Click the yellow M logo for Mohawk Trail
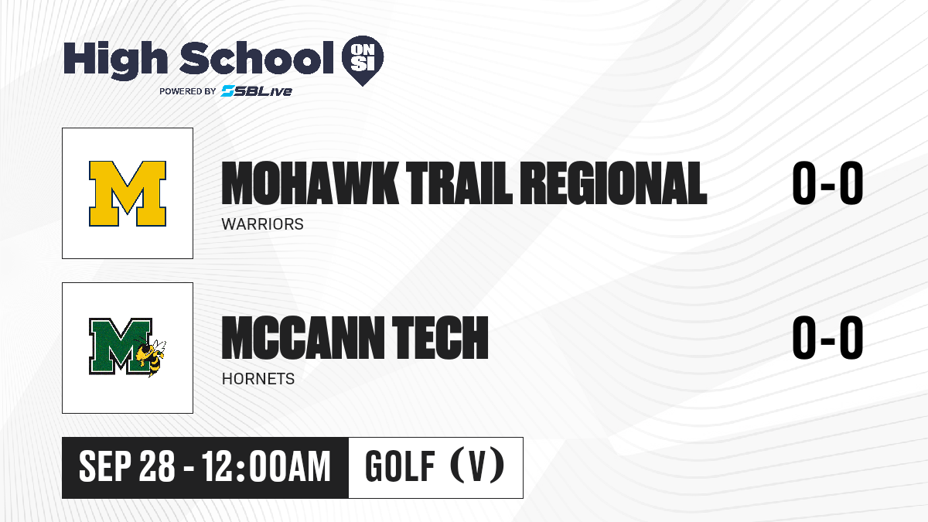(128, 193)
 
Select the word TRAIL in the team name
(459, 183)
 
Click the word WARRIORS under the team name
(263, 224)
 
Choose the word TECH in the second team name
(440, 338)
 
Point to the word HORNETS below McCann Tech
(258, 379)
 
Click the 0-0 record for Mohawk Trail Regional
(827, 183)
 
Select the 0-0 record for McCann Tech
(827, 337)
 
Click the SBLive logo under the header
(256, 91)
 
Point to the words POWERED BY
(188, 91)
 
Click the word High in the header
(115, 60)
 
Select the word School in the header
(257, 58)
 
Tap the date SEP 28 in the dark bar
(127, 467)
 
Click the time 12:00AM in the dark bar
(266, 467)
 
